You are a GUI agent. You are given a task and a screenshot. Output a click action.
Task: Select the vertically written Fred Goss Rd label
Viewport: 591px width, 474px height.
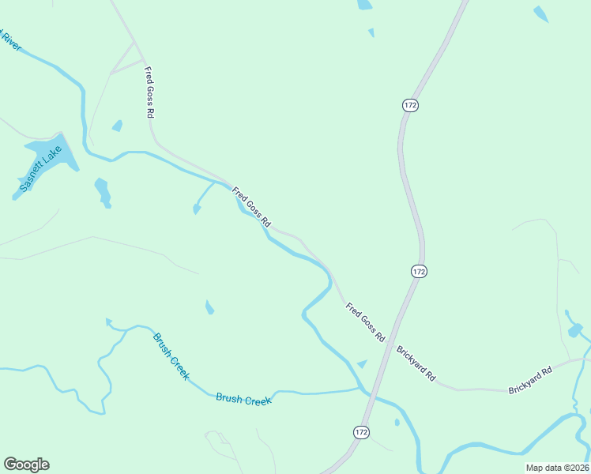pyautogui.click(x=149, y=92)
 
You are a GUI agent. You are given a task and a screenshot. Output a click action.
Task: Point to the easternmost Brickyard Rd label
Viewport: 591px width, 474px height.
pyautogui.click(x=529, y=380)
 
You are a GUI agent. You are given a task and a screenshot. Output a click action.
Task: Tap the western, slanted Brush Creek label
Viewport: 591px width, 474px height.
pyautogui.click(x=171, y=356)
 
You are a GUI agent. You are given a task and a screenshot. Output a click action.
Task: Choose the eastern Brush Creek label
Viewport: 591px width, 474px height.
pyautogui.click(x=243, y=400)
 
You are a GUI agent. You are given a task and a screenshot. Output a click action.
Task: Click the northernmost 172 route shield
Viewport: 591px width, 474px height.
pyautogui.click(x=409, y=106)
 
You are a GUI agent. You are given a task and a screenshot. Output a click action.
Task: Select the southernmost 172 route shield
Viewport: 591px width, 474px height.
pyautogui.click(x=361, y=432)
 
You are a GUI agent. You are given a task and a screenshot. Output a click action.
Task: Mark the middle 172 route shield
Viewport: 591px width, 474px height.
pyautogui.click(x=419, y=271)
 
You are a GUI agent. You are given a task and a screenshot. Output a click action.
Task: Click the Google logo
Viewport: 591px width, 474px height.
pyautogui.click(x=26, y=465)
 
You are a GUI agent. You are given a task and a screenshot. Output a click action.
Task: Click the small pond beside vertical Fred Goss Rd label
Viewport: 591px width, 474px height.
pyautogui.click(x=118, y=126)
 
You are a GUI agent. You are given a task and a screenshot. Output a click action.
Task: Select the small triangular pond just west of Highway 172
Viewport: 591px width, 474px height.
pyautogui.click(x=362, y=363)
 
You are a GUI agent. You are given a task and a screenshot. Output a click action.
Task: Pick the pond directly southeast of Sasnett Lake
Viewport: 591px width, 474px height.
pyautogui.click(x=103, y=192)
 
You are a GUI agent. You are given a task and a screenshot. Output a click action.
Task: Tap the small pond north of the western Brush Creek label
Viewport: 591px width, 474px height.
pyautogui.click(x=209, y=307)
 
